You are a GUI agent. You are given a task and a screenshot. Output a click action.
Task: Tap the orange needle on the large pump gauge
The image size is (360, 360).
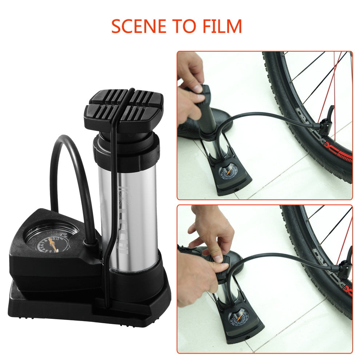53,244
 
